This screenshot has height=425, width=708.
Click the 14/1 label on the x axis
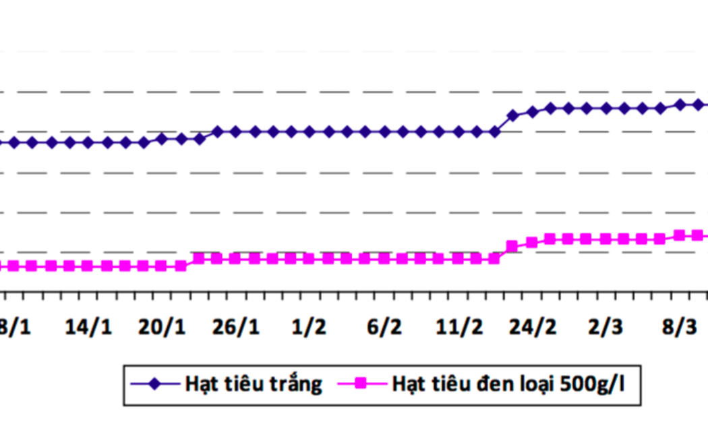(88, 327)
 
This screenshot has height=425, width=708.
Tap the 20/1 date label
(161, 327)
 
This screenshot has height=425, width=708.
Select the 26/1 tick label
(235, 327)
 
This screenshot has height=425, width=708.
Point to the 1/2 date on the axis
(309, 327)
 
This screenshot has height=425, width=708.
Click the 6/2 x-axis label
(384, 327)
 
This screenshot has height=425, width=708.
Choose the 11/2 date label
(459, 327)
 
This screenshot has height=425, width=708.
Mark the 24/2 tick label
(533, 327)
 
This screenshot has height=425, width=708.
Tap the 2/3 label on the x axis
(606, 327)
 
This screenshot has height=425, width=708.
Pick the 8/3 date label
(680, 327)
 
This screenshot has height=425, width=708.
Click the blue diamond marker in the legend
(154, 385)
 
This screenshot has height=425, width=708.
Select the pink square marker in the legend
(360, 385)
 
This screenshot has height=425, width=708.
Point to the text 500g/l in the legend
(596, 385)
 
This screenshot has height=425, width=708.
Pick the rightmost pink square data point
(698, 235)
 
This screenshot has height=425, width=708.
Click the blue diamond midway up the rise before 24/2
(513, 116)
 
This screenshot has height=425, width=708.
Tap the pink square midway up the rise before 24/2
(512, 246)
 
